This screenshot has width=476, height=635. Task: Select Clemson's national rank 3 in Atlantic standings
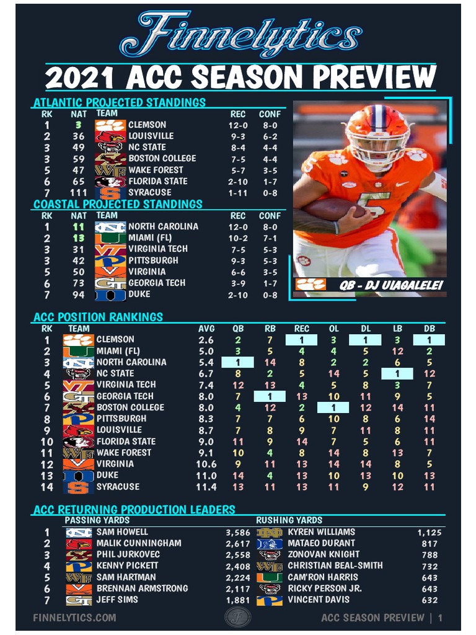click(79, 125)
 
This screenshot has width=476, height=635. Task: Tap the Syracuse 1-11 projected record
click(237, 193)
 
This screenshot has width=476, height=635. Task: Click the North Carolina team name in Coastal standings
click(163, 226)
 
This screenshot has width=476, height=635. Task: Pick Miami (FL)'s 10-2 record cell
click(237, 238)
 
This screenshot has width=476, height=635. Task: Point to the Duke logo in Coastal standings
click(110, 295)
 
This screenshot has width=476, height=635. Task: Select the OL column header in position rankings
click(333, 329)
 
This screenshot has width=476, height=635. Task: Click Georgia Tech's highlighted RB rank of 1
click(270, 396)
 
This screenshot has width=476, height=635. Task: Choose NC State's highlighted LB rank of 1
click(397, 373)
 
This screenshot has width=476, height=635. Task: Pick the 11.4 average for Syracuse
click(206, 487)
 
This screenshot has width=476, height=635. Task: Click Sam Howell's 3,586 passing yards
click(238, 532)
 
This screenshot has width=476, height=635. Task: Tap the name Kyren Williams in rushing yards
click(321, 532)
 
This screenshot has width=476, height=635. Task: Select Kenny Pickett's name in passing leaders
click(127, 566)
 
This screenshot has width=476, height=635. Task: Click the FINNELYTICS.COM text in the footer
click(74, 618)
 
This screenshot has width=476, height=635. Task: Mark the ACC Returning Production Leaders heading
click(134, 510)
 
